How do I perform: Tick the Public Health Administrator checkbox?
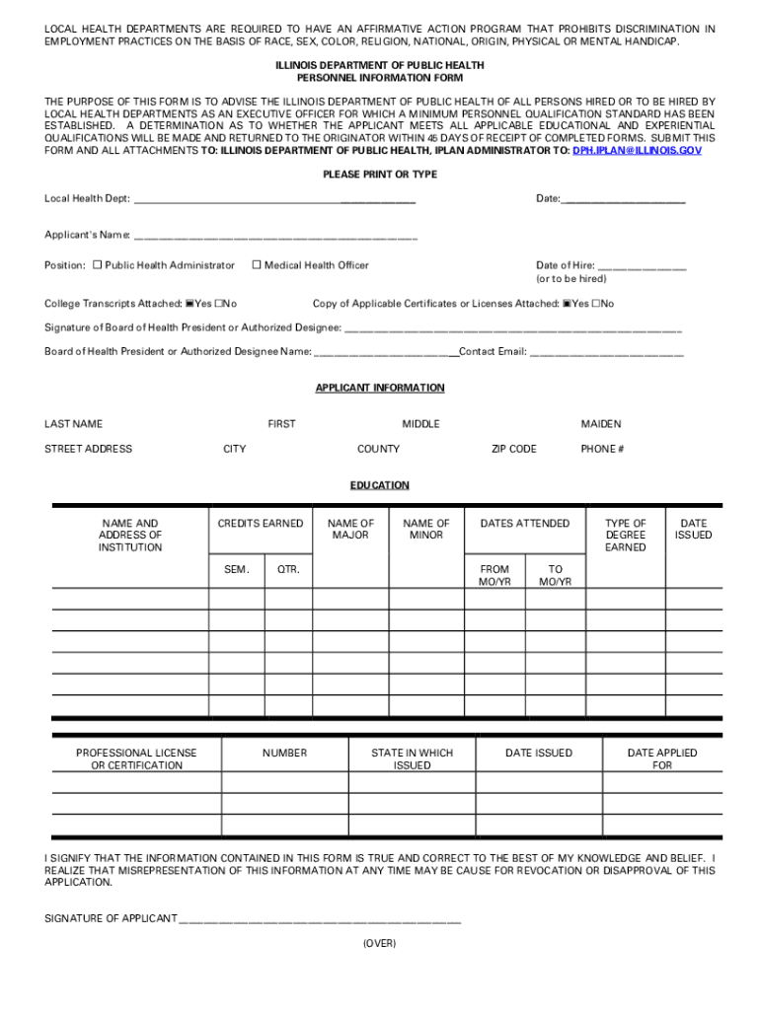(98, 265)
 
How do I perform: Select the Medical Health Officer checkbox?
(257, 265)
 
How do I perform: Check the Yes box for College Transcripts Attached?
(190, 304)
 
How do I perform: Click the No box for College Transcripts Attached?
(219, 304)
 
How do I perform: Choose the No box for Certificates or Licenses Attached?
(596, 304)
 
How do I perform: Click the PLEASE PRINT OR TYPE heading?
(380, 175)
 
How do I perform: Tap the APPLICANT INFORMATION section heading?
(380, 389)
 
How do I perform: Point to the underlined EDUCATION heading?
(380, 486)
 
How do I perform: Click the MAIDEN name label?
(601, 424)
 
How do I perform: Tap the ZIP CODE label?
(514, 449)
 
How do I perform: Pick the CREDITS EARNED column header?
(261, 524)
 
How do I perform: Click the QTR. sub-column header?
(288, 570)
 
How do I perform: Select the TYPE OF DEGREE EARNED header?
(626, 536)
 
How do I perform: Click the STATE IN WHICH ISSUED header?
(412, 758)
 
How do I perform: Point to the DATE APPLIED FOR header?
(662, 758)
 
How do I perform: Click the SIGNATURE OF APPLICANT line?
(320, 919)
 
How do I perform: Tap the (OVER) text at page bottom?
(380, 944)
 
